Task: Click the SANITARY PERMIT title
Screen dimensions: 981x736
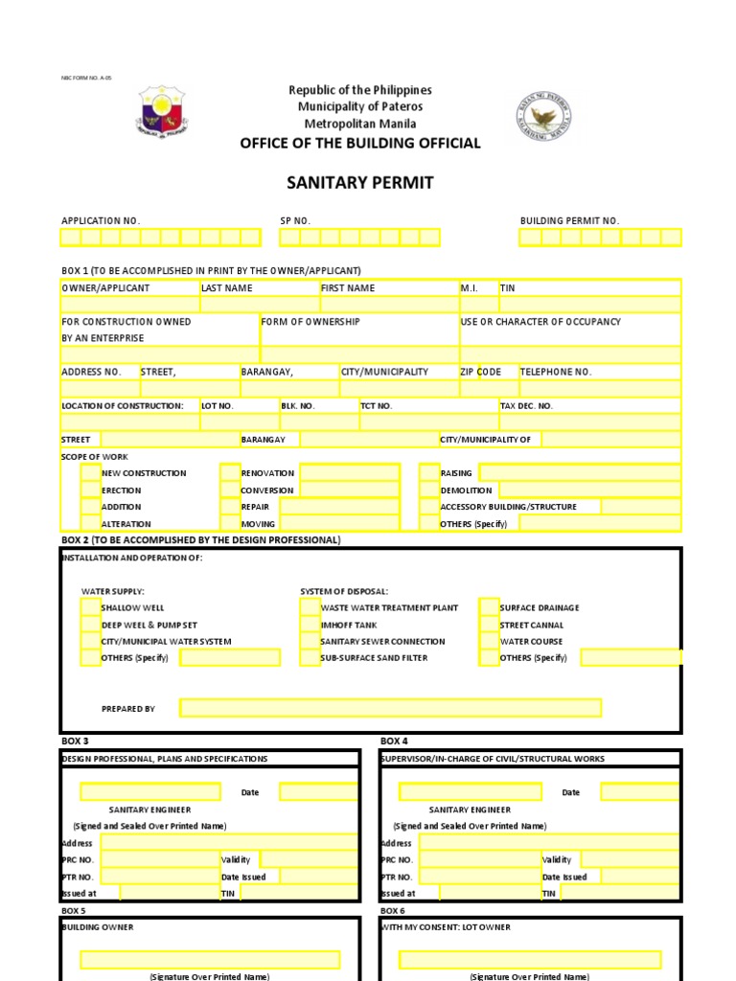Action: point(360,182)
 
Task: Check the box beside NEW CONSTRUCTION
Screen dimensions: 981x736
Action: point(90,473)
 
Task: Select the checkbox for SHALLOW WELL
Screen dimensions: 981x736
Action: point(90,607)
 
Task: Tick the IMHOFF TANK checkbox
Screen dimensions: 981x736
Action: point(310,625)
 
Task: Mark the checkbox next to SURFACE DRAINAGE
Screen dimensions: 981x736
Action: point(489,607)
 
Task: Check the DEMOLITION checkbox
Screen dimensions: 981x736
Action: point(428,490)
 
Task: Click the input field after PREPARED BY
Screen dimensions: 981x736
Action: point(390,708)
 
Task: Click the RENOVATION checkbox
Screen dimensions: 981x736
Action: point(230,473)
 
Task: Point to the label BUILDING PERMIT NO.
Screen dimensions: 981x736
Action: point(569,221)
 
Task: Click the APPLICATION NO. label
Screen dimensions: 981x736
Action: point(101,221)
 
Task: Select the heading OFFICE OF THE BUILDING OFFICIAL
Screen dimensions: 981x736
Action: point(360,144)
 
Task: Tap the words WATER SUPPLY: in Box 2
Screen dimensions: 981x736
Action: point(113,591)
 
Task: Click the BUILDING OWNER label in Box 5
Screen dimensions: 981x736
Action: point(98,927)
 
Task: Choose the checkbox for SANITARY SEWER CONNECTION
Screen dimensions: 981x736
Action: point(310,642)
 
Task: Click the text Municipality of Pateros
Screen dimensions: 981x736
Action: point(360,106)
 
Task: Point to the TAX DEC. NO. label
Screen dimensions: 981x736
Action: point(526,406)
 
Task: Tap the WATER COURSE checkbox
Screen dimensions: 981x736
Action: point(489,642)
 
